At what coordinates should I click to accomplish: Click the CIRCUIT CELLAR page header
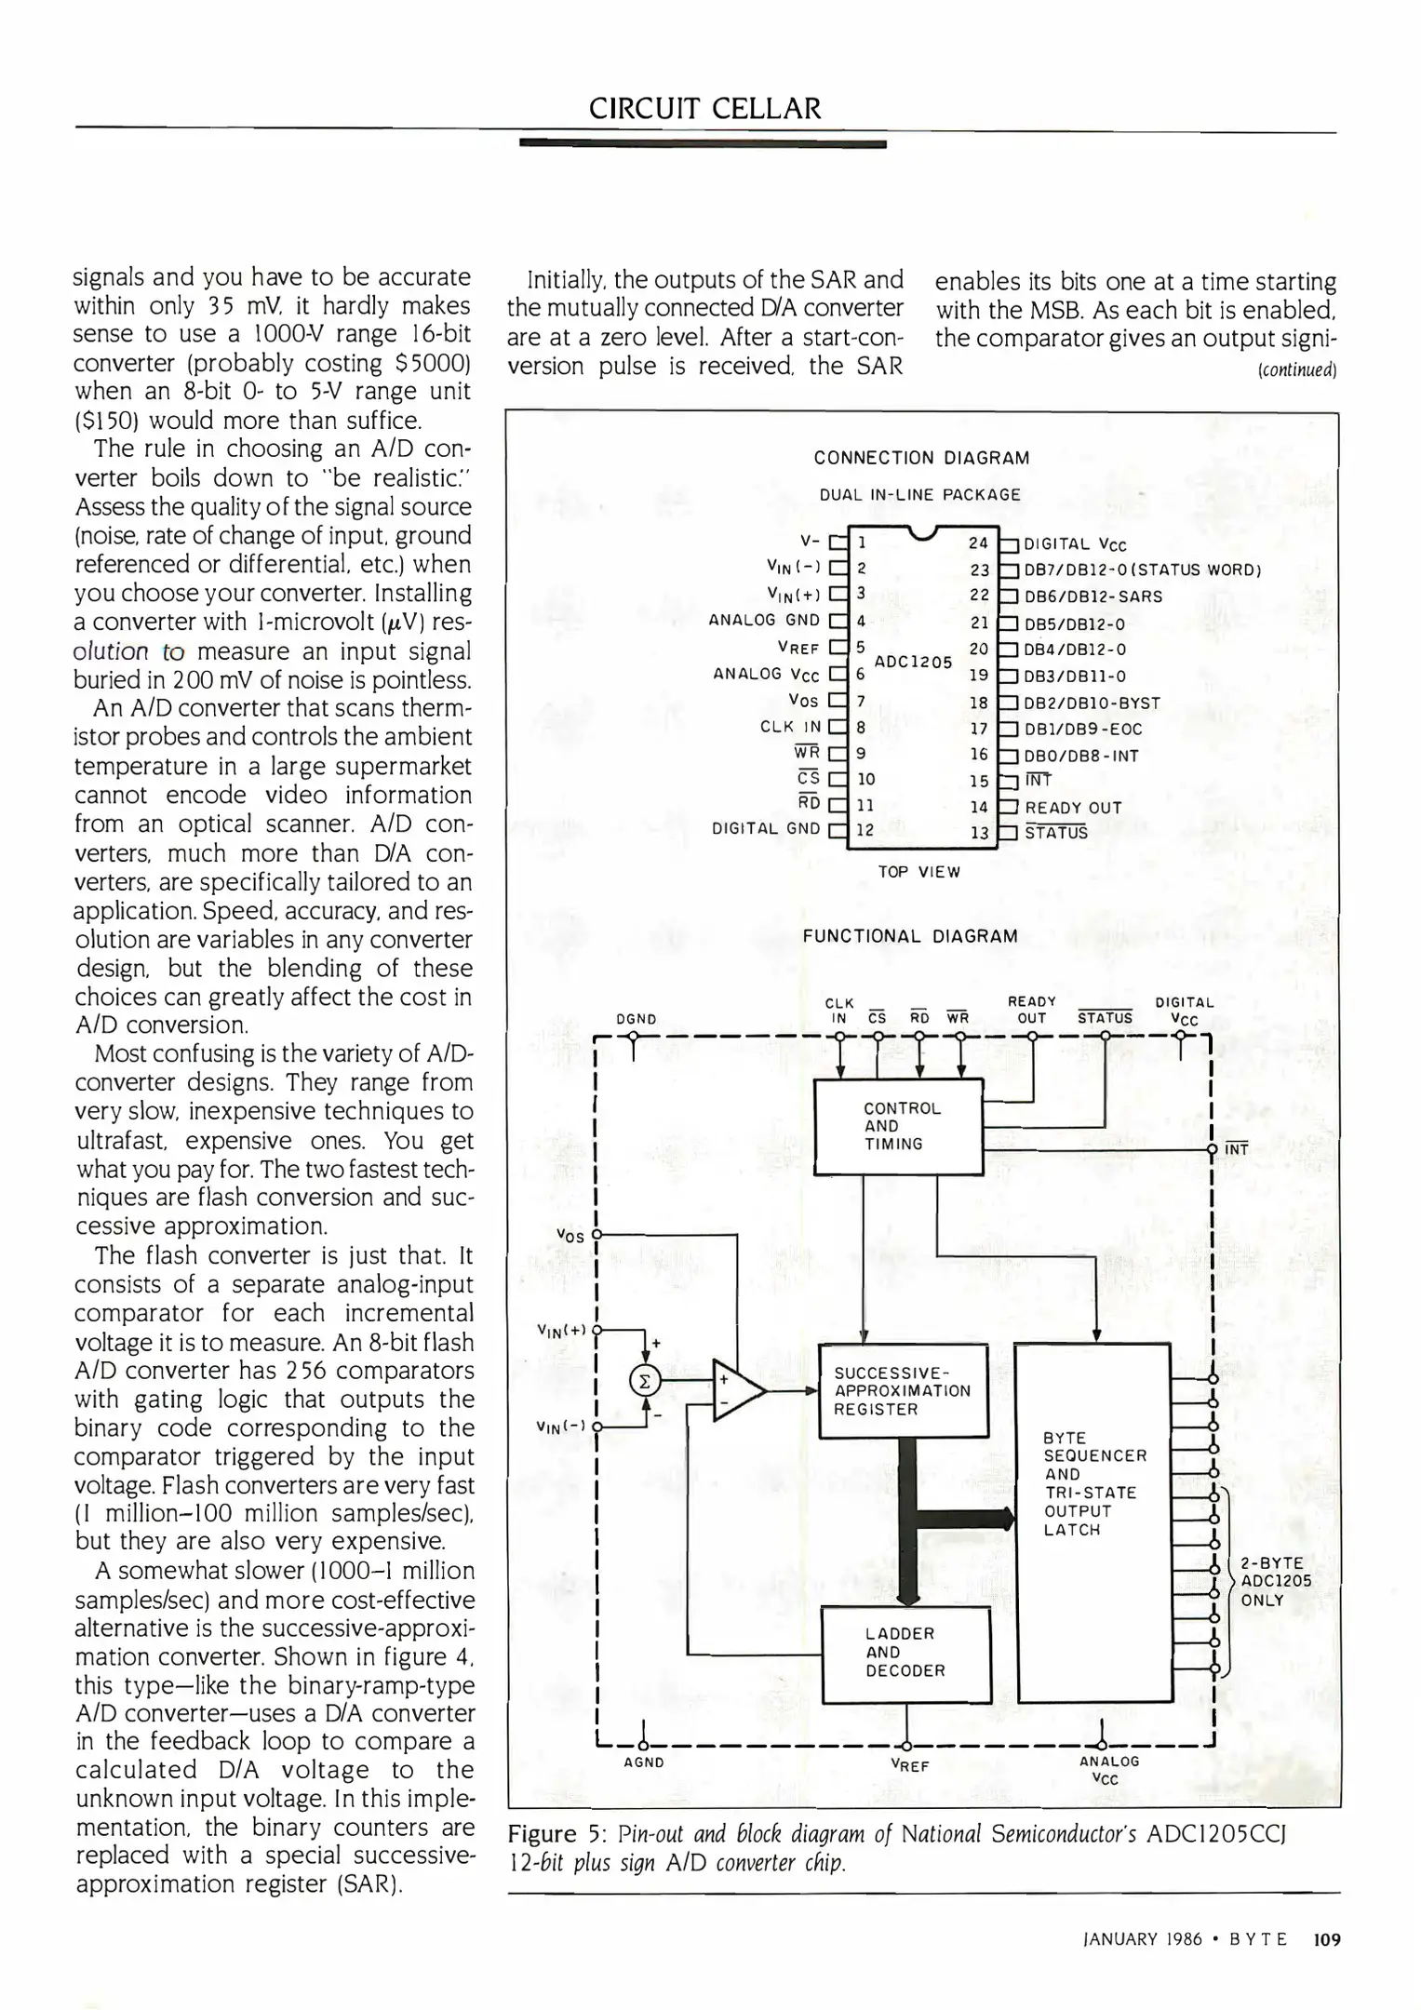click(x=704, y=109)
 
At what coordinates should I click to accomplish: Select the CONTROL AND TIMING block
click(x=898, y=1126)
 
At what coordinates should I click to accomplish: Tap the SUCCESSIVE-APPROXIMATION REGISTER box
click(x=902, y=1390)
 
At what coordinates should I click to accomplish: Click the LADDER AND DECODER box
click(x=905, y=1652)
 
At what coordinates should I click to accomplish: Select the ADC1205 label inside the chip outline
click(x=913, y=662)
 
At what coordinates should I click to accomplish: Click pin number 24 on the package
click(x=978, y=543)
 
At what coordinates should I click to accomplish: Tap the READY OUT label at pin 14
click(x=1073, y=808)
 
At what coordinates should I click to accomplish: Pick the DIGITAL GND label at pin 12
click(x=766, y=828)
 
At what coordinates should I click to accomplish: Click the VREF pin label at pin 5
click(x=798, y=647)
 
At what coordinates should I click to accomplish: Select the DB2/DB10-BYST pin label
click(x=1092, y=703)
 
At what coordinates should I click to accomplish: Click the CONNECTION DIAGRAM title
click(x=921, y=458)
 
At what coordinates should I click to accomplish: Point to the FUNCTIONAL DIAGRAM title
click(x=910, y=936)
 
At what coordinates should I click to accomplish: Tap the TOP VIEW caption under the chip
click(x=918, y=872)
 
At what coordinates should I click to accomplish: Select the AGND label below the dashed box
click(x=643, y=1762)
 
